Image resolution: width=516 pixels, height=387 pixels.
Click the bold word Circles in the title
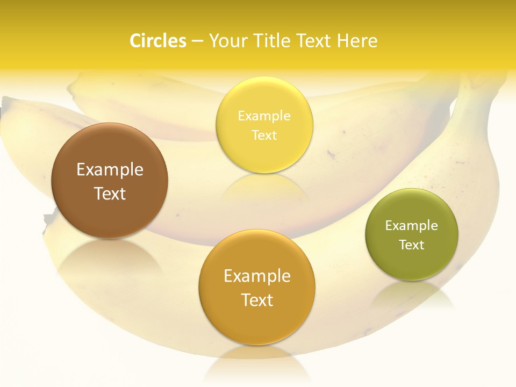[158, 41]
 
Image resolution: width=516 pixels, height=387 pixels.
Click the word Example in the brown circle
[110, 170]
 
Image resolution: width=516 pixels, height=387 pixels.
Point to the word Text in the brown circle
[110, 193]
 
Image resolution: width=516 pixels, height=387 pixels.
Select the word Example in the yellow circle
[264, 116]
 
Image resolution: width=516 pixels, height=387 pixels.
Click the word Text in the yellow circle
[264, 135]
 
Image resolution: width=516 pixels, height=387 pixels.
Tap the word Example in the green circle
[412, 226]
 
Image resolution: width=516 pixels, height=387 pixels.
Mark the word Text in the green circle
[412, 245]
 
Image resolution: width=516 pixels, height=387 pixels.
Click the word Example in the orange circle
[257, 276]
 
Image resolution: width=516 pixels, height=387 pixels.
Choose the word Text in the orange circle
[257, 300]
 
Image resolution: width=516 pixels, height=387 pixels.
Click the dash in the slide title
[197, 41]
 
